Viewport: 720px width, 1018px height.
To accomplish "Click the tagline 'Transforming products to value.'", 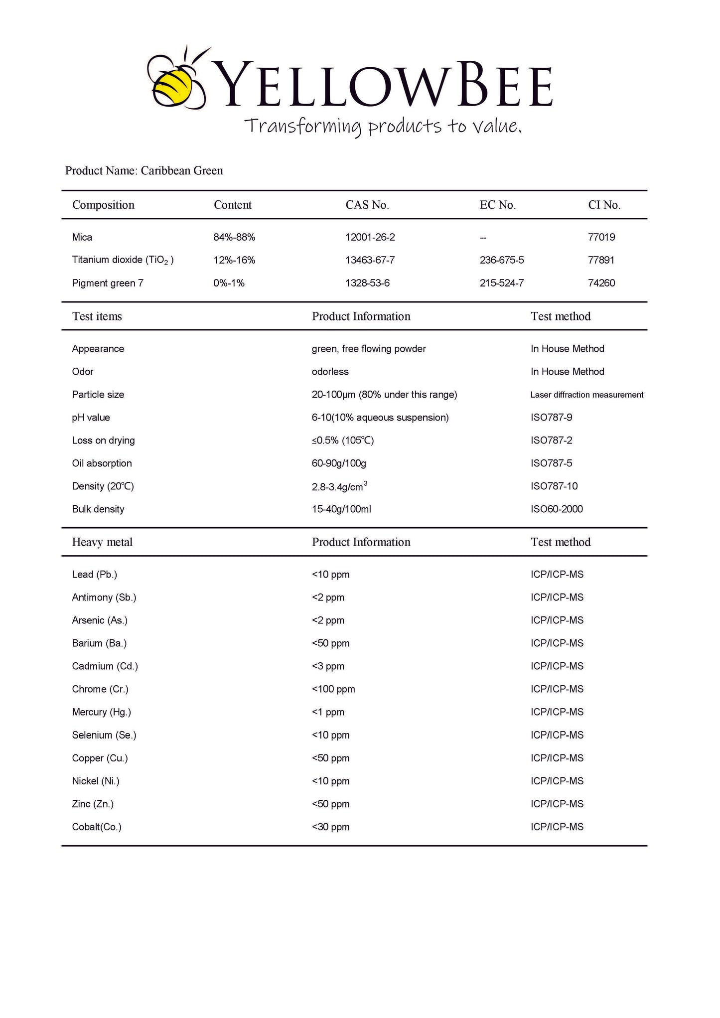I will (383, 126).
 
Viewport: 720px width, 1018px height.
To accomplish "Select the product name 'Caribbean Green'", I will (182, 171).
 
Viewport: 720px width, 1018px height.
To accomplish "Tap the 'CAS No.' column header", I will (367, 205).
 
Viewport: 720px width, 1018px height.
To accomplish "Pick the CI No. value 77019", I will (601, 237).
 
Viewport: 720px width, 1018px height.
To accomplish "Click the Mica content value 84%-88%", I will (234, 237).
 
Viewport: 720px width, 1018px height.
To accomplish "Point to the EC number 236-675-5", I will (502, 260).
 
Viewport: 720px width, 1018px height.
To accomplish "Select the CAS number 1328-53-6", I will (367, 283).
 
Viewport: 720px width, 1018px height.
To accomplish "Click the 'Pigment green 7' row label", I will (108, 283).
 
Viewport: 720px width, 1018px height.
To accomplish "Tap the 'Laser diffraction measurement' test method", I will (586, 395).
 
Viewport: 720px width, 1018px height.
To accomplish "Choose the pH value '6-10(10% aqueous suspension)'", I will (380, 418).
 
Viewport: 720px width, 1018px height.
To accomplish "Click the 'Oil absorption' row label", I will (102, 463).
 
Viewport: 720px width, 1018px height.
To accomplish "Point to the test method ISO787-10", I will (554, 486).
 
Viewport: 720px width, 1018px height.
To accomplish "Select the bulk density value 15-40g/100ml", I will (341, 509).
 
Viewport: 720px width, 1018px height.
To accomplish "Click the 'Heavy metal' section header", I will (102, 542).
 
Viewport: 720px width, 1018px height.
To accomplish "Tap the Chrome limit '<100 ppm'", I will (333, 689).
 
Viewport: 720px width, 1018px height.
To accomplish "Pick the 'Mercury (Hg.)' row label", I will (101, 712).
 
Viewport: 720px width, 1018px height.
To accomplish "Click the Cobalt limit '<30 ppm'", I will (330, 827).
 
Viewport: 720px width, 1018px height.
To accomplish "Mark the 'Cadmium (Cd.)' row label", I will (105, 666).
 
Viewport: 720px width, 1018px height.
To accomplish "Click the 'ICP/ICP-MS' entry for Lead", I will (557, 575).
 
